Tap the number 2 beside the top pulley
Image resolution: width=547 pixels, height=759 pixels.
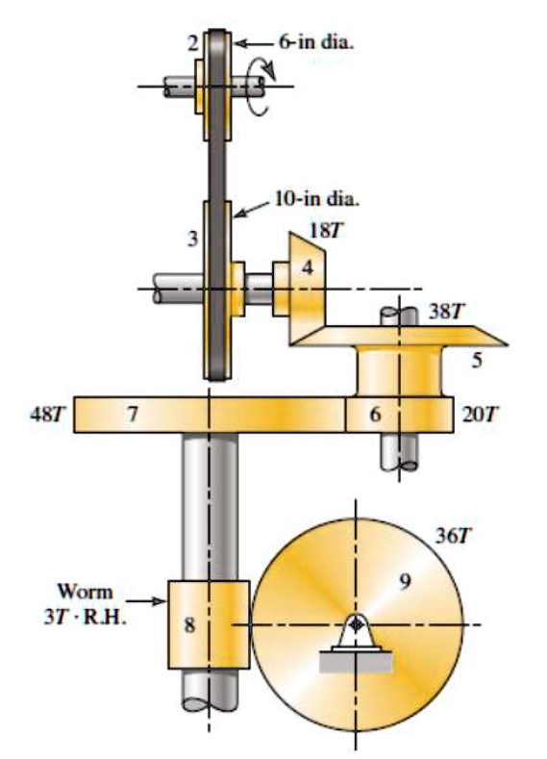(193, 43)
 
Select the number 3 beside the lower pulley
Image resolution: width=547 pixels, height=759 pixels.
(193, 240)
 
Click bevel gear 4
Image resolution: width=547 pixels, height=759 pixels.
(306, 274)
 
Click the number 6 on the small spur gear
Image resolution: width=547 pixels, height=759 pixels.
(375, 414)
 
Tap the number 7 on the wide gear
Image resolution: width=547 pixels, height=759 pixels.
(133, 414)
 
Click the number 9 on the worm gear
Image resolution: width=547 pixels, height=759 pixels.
(405, 581)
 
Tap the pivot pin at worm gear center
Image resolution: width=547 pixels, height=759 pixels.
(357, 625)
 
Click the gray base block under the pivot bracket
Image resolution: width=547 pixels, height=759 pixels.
(357, 664)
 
